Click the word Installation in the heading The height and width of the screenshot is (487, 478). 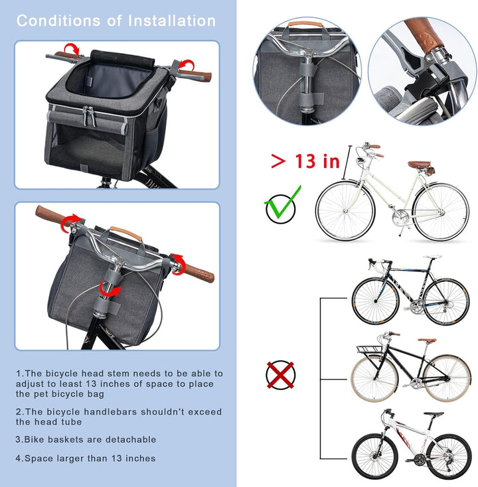pos(172,21)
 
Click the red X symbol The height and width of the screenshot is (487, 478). pos(280,375)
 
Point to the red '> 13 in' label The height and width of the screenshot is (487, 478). pos(305,161)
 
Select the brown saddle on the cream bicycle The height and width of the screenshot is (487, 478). pos(419,165)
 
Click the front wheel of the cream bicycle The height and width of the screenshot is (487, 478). pos(345,211)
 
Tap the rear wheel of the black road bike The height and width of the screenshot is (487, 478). pos(446,302)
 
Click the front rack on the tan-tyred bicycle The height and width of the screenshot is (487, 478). pos(369,349)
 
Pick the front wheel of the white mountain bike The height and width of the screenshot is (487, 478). pos(375,456)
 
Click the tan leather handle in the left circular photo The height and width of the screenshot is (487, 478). pos(302,24)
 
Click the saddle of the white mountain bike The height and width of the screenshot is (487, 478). pos(434,414)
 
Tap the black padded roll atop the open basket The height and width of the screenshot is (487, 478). pos(122,58)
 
